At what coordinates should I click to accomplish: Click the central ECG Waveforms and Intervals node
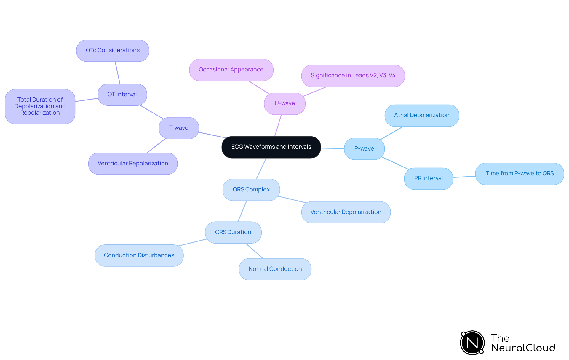tap(271, 147)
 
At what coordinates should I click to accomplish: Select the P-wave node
tap(364, 149)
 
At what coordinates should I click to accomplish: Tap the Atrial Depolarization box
tap(422, 115)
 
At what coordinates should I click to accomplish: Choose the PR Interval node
tap(429, 178)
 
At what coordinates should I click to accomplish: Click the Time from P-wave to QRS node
tap(520, 174)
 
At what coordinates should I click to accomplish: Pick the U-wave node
tap(285, 103)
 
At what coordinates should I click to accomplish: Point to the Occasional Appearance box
tap(231, 70)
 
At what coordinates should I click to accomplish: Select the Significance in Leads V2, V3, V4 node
tap(353, 76)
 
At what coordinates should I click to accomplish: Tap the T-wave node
tap(179, 128)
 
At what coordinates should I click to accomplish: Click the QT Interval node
tap(122, 95)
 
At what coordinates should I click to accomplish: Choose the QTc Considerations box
tap(113, 50)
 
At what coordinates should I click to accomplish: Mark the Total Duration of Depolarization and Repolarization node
tap(40, 106)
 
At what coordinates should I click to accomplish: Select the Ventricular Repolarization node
tap(133, 164)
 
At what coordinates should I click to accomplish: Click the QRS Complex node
tap(251, 190)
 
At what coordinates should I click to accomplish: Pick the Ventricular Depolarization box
tap(346, 212)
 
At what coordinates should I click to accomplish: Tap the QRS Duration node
tap(233, 232)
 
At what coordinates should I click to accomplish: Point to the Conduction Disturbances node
tap(139, 255)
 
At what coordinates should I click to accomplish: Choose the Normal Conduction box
tap(275, 269)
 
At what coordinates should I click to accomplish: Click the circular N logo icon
tap(472, 343)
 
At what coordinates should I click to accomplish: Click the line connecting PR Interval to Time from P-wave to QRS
tap(464, 177)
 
